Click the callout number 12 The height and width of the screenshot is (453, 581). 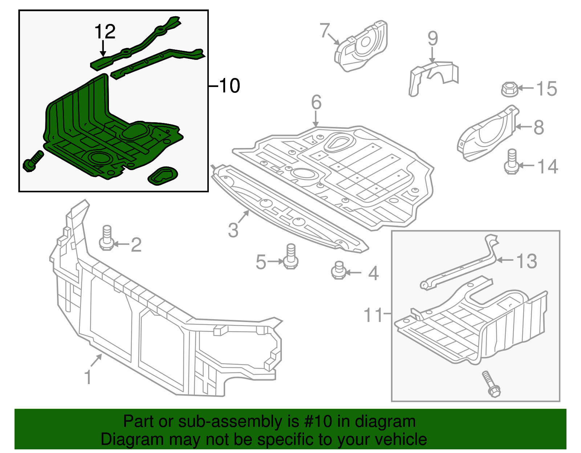[105, 32]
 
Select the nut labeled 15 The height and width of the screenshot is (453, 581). [509, 89]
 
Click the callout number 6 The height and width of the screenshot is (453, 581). [316, 102]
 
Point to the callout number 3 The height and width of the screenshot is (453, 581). [233, 230]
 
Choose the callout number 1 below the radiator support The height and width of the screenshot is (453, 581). [88, 377]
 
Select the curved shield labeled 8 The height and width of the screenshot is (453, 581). [487, 134]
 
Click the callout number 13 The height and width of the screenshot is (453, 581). [527, 261]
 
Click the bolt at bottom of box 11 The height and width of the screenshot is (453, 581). [491, 384]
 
